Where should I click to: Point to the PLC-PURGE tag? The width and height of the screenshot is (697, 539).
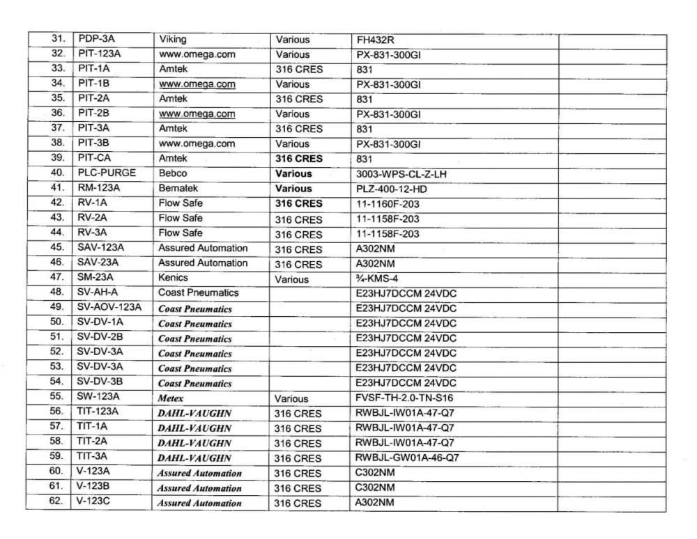coord(107,173)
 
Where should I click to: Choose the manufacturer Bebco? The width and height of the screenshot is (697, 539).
coord(173,173)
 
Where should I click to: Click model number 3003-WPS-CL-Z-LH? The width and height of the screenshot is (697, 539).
coord(401,174)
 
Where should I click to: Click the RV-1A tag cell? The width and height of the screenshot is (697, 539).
coord(93,203)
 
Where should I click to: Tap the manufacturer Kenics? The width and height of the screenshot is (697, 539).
coord(173,278)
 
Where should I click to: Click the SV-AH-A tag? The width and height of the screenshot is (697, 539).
coord(98,292)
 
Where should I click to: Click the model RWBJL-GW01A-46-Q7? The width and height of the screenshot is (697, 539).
coord(407,458)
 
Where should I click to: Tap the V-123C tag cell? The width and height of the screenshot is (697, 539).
coord(95,501)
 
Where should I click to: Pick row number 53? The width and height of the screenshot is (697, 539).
coord(57,366)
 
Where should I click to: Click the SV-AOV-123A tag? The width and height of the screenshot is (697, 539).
coord(109,307)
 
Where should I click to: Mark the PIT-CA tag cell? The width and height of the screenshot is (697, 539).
coord(94,158)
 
